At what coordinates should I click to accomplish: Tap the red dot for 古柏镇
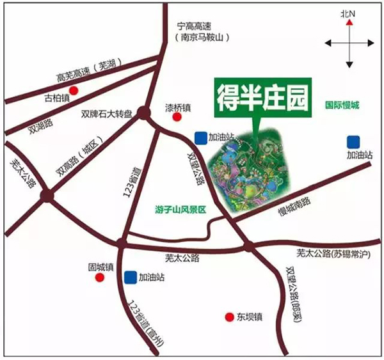[74, 90]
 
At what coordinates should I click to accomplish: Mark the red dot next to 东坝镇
[228, 317]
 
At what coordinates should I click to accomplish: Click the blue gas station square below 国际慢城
[352, 141]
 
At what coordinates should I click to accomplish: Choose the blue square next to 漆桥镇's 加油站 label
[201, 136]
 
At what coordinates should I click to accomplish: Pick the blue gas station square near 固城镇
[131, 277]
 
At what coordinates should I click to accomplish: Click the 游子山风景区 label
[182, 209]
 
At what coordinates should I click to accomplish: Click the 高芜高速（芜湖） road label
[84, 71]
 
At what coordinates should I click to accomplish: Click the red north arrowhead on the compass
[349, 22]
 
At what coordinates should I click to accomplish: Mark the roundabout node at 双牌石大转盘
[143, 114]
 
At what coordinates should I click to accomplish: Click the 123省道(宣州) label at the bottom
[146, 324]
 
